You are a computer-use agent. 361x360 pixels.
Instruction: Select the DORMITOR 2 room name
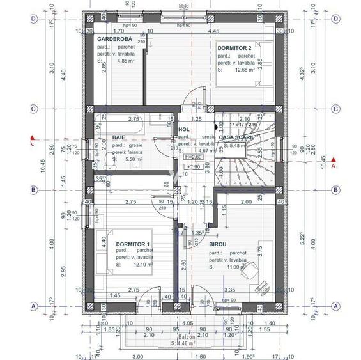coord(238,47)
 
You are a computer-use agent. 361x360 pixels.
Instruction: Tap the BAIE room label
coord(119,137)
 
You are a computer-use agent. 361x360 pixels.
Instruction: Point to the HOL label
coord(184,130)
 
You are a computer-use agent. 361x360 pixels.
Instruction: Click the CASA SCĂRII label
coord(236,137)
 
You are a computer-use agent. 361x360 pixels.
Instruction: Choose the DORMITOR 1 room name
coord(132,244)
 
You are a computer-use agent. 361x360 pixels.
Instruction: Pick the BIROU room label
coord(218,244)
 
